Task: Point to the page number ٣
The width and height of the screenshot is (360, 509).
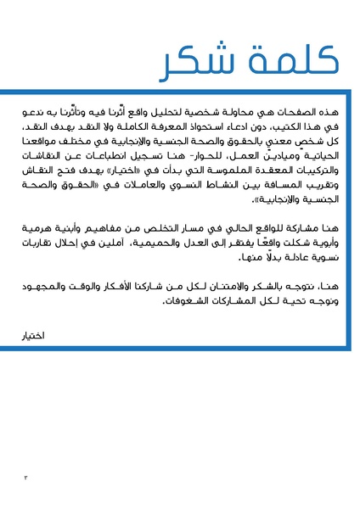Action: (25, 478)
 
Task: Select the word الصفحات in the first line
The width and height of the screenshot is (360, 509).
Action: (296, 112)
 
